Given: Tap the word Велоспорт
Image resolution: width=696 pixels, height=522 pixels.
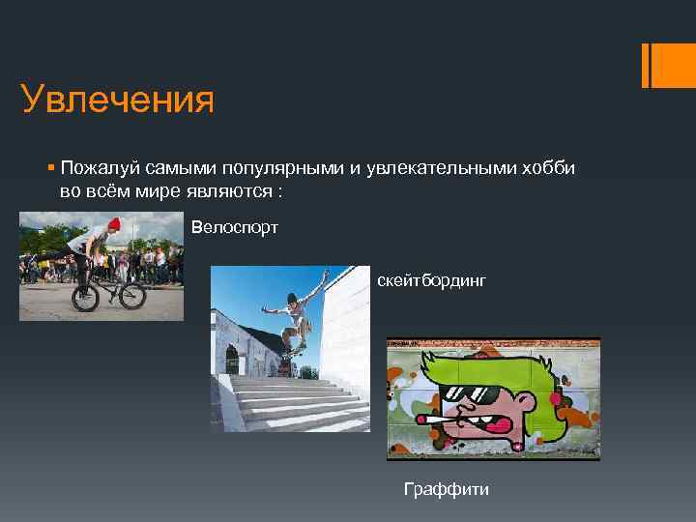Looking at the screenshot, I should [x=235, y=228].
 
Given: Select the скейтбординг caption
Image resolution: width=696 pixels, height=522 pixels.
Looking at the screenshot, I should [x=431, y=280].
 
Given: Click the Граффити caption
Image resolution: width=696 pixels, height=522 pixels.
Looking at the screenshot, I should [x=447, y=489].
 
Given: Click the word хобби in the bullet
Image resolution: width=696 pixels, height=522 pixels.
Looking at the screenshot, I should [x=548, y=168].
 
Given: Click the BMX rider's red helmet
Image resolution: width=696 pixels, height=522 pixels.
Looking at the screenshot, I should [x=114, y=224].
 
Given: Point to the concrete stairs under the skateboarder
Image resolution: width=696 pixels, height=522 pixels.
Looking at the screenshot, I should [x=290, y=401].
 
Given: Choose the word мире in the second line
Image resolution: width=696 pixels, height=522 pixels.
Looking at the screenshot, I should [x=156, y=190].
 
